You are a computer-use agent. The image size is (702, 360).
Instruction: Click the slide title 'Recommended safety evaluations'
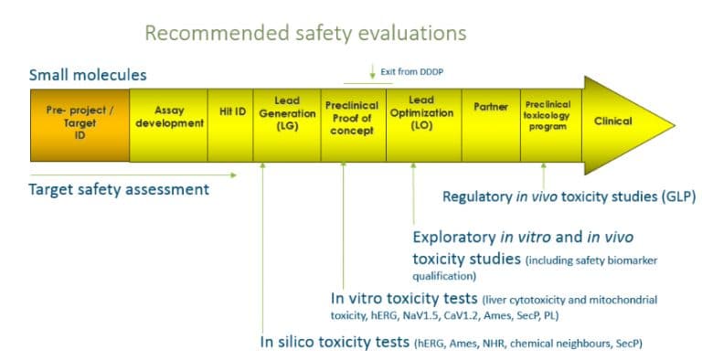click(305, 34)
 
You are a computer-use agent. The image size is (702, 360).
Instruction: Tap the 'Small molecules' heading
click(88, 75)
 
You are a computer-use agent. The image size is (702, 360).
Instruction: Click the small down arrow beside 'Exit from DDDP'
click(372, 72)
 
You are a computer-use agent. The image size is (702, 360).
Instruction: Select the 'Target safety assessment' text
click(119, 190)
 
